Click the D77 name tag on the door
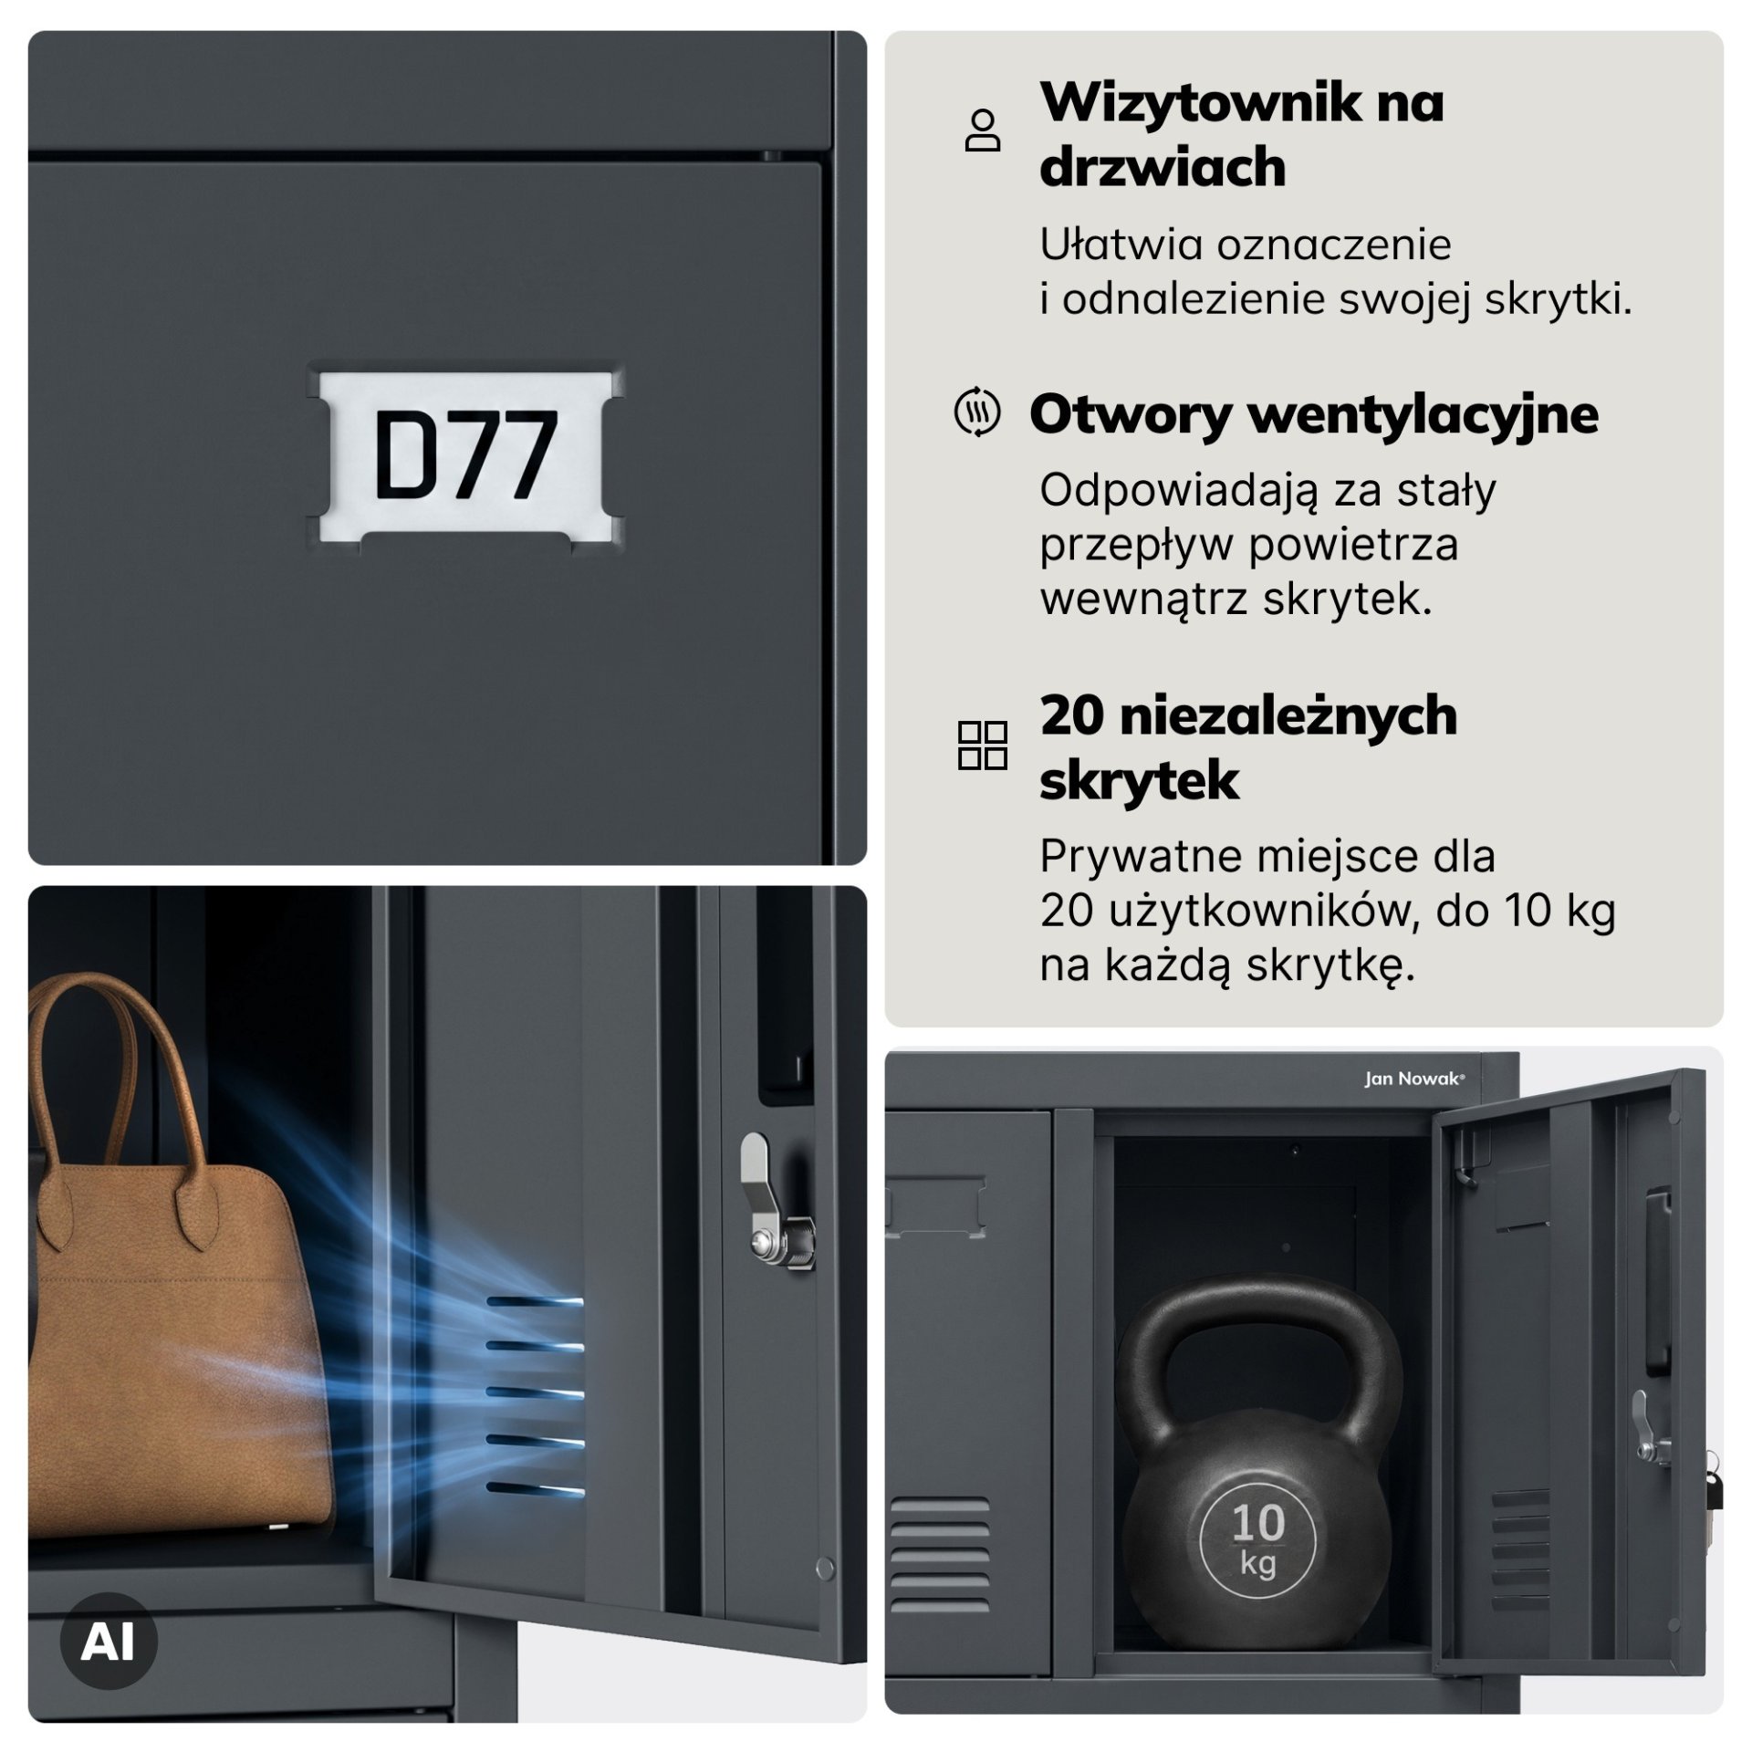(466, 456)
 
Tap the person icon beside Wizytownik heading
(983, 130)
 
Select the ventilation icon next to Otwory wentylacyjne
(977, 413)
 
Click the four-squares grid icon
(983, 746)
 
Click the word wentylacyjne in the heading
(1423, 416)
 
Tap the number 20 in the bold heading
(1071, 715)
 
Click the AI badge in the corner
(109, 1642)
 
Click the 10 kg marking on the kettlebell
(1258, 1538)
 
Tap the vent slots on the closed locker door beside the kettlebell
(940, 1557)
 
